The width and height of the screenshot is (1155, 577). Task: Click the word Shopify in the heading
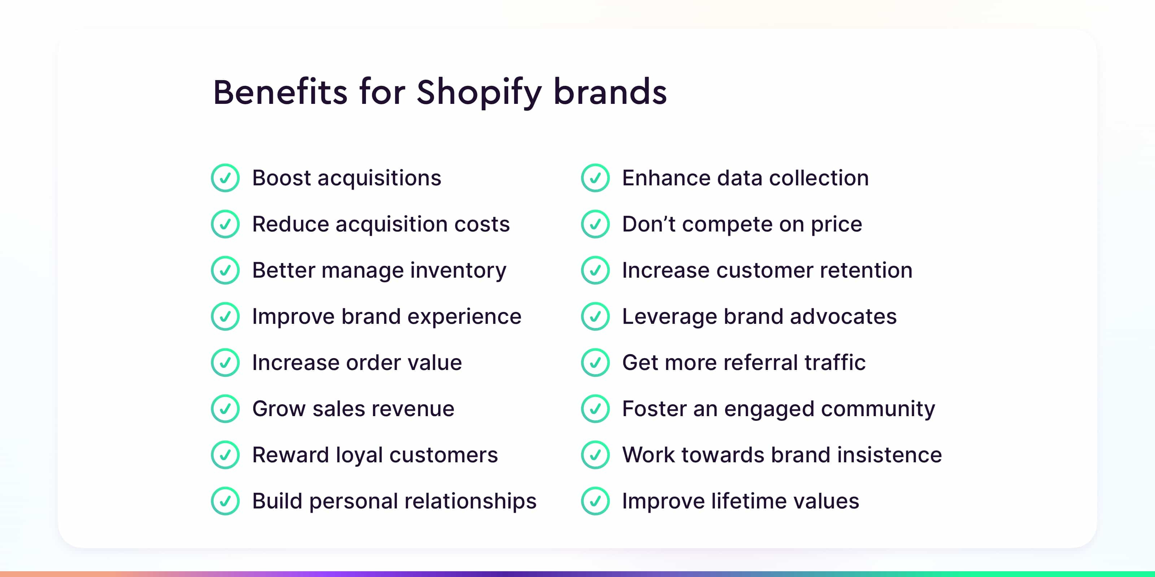click(479, 93)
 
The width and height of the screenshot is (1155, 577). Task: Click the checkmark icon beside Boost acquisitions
click(225, 178)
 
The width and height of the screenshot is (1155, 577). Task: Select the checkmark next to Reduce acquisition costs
click(225, 224)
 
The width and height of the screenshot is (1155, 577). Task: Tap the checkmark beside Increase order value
click(225, 362)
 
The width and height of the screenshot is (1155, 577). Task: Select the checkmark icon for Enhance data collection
click(595, 178)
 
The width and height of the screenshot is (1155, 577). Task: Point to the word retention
click(866, 270)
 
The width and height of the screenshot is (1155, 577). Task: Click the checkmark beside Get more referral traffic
click(595, 362)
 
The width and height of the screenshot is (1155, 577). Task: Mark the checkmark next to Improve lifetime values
click(595, 501)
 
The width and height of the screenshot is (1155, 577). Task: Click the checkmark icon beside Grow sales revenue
click(225, 409)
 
